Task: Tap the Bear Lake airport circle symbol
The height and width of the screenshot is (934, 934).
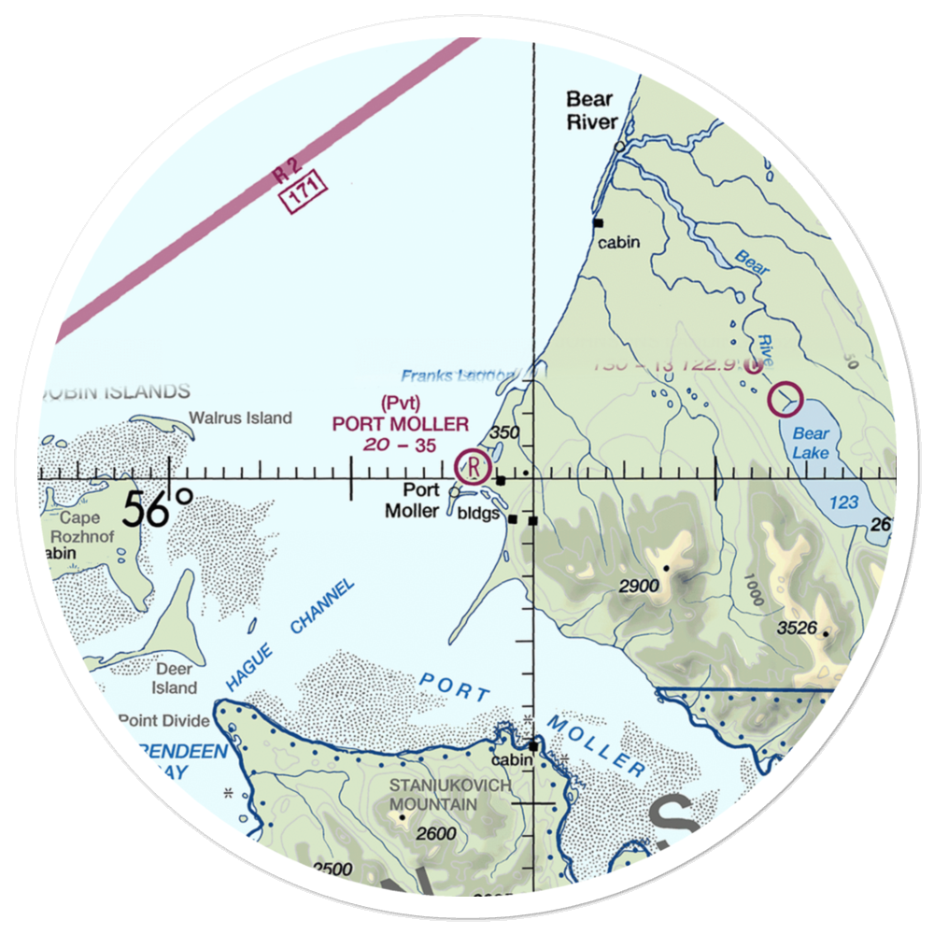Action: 785,400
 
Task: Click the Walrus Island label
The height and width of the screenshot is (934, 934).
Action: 240,418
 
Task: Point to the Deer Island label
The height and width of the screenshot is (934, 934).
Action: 175,678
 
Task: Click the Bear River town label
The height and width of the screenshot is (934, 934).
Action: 591,110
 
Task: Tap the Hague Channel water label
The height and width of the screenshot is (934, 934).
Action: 290,635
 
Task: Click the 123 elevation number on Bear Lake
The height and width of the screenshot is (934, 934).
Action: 842,502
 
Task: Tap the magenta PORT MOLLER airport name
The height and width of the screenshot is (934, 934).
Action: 401,425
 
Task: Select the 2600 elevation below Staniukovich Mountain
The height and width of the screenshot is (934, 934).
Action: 436,834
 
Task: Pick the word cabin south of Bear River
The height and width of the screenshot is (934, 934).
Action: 620,243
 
